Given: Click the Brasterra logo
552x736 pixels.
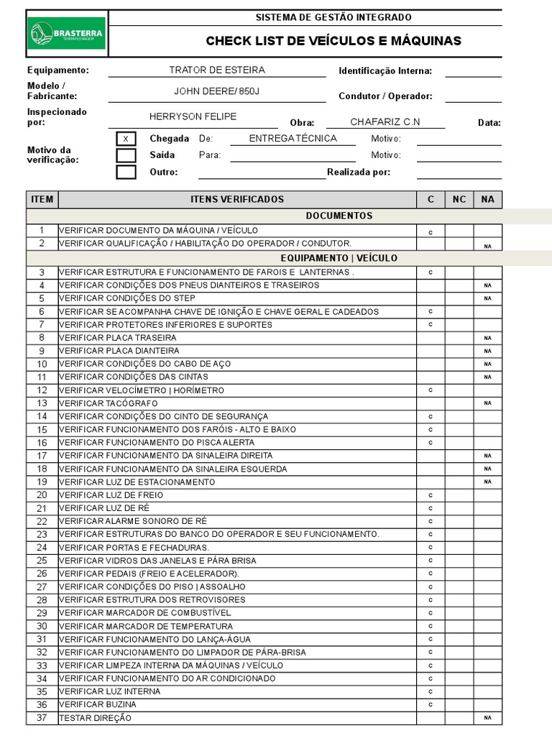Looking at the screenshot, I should pyautogui.click(x=67, y=33).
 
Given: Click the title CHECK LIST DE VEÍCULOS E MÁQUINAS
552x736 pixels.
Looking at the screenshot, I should pyautogui.click(x=333, y=41).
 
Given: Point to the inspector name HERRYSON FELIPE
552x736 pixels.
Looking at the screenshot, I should pyautogui.click(x=193, y=116).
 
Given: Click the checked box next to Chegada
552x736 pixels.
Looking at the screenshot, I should pyautogui.click(x=126, y=139).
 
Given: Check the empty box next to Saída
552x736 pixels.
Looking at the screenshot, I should pyautogui.click(x=126, y=155).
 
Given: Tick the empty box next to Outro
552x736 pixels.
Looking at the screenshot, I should pyautogui.click(x=126, y=172).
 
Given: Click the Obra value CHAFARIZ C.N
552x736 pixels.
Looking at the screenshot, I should pyautogui.click(x=385, y=121).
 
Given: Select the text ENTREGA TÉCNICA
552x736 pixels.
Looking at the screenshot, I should pyautogui.click(x=293, y=139).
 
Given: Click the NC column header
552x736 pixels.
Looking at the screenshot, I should pyautogui.click(x=459, y=199).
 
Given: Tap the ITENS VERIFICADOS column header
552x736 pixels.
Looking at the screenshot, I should pyautogui.click(x=237, y=199).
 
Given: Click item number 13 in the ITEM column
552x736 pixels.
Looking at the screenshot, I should pyautogui.click(x=42, y=403).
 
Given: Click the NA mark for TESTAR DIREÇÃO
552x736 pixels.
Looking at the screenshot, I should pyautogui.click(x=487, y=718).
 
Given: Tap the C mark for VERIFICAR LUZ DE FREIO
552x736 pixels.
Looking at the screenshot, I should pyautogui.click(x=431, y=495).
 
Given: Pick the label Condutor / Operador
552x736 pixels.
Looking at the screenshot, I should pyautogui.click(x=385, y=96).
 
